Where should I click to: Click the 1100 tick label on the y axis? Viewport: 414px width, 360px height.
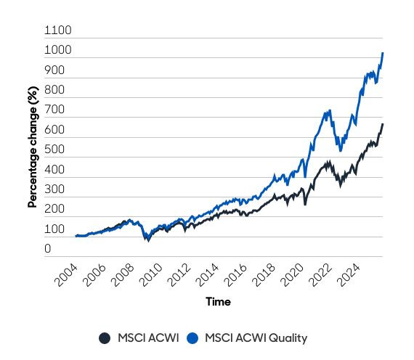click(59, 31)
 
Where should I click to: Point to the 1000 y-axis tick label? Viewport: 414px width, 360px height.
click(59, 51)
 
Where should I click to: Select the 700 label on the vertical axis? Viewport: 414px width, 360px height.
click(54, 110)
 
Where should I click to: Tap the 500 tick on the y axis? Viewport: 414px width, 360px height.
click(54, 150)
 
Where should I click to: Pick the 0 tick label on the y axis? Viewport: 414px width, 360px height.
click(48, 249)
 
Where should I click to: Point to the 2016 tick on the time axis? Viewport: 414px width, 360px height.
click(244, 275)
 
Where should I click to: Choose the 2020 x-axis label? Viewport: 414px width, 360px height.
click(302, 275)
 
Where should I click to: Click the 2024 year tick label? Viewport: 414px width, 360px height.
click(360, 275)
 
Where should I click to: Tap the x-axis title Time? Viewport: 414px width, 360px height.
click(218, 300)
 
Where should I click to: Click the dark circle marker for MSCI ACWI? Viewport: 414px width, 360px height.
click(105, 337)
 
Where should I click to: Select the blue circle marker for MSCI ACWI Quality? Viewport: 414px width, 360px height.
click(192, 337)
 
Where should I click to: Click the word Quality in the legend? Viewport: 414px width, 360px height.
click(288, 337)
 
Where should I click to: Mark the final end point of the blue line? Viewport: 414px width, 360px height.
click(383, 53)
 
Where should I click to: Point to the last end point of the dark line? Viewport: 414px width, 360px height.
click(383, 124)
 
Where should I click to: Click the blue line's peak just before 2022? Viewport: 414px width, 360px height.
click(329, 111)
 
